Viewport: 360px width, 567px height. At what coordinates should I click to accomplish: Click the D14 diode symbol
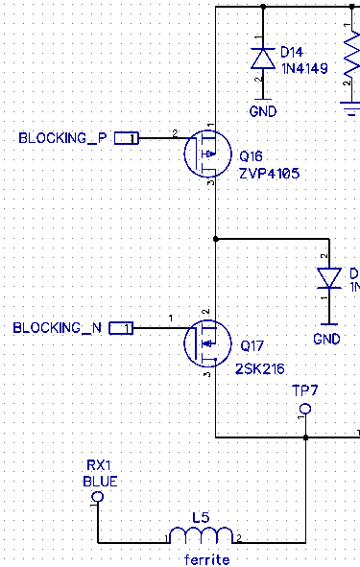(263, 59)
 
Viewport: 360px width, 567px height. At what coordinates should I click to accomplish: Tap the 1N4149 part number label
(304, 68)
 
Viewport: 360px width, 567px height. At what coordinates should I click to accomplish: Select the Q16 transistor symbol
(207, 154)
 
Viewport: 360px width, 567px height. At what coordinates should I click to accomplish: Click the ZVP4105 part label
(270, 174)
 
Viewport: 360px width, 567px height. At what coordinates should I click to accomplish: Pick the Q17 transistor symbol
(207, 343)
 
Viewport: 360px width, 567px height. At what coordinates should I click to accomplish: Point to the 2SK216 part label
(260, 369)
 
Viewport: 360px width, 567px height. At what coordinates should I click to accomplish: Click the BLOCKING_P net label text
(63, 138)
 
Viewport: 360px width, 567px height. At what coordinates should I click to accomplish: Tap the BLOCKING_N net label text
(58, 328)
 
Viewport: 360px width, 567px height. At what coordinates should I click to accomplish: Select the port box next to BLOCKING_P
(127, 138)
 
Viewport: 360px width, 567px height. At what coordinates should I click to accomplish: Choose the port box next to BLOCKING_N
(121, 328)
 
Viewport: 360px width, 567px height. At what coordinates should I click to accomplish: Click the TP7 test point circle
(305, 409)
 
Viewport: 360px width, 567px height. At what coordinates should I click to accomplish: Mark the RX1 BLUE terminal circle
(98, 497)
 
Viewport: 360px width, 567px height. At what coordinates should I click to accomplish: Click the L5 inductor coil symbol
(202, 535)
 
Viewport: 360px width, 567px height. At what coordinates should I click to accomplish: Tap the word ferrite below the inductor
(207, 559)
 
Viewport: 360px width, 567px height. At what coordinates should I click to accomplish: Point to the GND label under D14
(263, 111)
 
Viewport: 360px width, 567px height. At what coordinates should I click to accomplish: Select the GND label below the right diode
(326, 339)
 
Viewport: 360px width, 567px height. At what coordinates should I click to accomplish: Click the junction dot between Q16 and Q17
(216, 239)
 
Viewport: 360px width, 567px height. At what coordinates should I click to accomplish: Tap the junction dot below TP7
(305, 437)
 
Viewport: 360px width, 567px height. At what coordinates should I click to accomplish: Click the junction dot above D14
(263, 7)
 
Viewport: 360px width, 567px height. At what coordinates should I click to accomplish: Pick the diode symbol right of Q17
(329, 278)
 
